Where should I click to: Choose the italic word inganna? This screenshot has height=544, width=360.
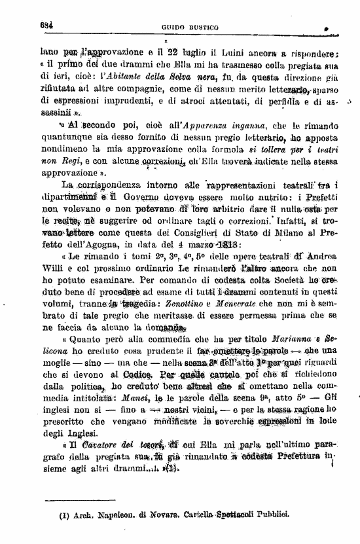[244, 143]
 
